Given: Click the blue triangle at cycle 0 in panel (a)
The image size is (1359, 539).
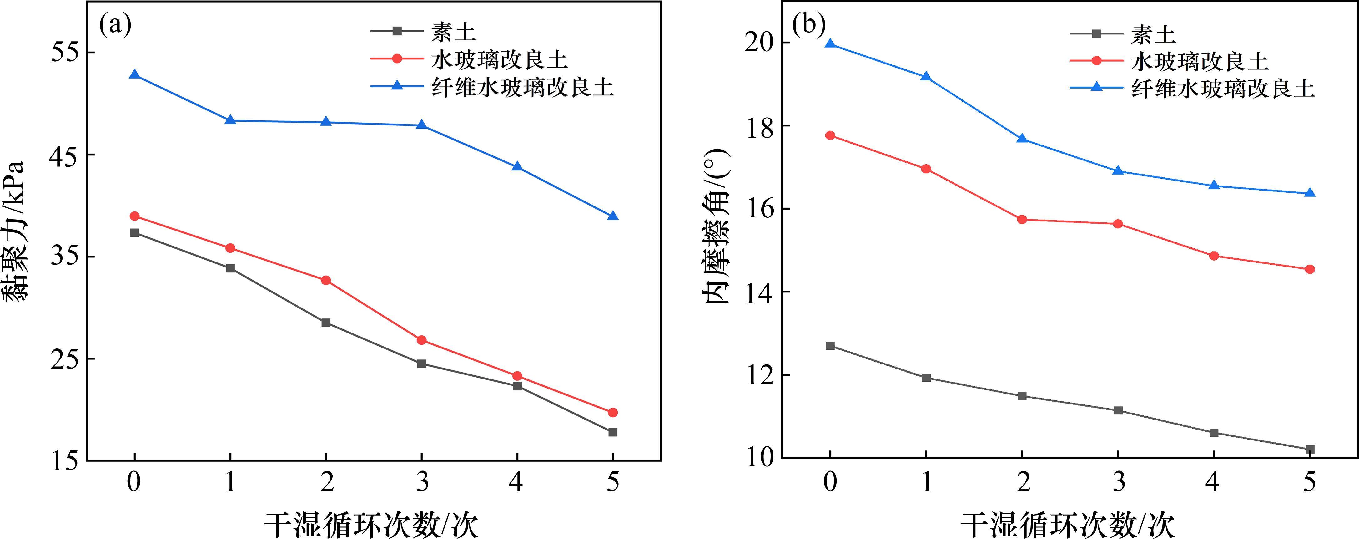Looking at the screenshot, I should [x=134, y=75].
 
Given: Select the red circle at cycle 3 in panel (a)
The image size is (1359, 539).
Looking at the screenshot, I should [x=421, y=340].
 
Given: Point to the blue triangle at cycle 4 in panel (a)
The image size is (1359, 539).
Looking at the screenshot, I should [x=517, y=167].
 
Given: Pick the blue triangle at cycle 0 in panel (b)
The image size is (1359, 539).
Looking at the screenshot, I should [x=830, y=44].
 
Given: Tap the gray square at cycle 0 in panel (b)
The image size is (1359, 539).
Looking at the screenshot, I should [x=830, y=346].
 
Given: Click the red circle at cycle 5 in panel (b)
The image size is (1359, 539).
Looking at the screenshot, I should [x=1309, y=269].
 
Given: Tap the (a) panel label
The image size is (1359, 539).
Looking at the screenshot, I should [x=115, y=25].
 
